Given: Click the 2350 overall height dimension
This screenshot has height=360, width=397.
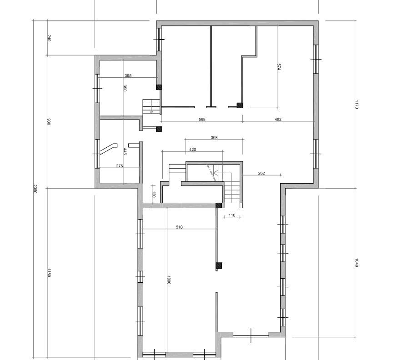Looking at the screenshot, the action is click(35, 189).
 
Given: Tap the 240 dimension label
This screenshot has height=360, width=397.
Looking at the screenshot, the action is click(49, 38).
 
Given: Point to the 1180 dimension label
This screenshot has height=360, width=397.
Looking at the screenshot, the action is click(49, 273).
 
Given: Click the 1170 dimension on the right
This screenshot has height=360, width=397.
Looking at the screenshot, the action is click(357, 105).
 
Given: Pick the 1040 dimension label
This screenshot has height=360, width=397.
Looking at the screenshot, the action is click(357, 263).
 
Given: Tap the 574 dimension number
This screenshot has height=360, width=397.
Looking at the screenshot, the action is click(279, 67).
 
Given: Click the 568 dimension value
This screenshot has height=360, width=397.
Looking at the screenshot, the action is click(202, 119).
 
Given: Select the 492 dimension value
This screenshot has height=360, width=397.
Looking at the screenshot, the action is click(278, 119).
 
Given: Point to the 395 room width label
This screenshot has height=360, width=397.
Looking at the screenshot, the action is click(128, 75).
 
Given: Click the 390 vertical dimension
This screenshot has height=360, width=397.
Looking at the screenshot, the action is click(125, 88).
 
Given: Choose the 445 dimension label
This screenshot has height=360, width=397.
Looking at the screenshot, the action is click(125, 151).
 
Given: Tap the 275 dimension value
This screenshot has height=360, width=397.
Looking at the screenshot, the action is click(120, 166).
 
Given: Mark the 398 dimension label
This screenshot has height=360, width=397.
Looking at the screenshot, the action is click(214, 137).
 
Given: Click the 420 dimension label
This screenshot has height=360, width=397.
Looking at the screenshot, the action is click(193, 149).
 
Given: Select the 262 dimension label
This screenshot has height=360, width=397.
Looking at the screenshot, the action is click(261, 173).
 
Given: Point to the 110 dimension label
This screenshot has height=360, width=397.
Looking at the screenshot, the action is click(232, 215).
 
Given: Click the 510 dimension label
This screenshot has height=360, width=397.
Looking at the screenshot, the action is click(179, 227).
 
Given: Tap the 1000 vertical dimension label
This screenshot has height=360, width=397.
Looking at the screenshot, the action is click(169, 280).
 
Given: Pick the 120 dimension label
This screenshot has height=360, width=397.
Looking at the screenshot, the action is click(154, 194).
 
